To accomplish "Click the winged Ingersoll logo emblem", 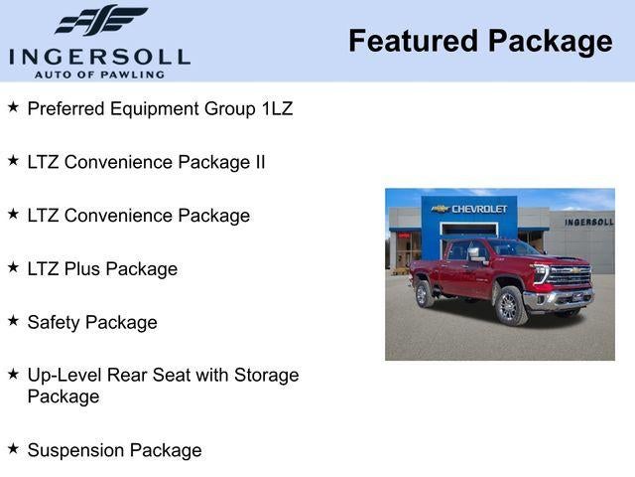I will [x=101, y=21].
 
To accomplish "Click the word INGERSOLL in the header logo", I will [x=99, y=56].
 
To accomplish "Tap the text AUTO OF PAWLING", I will [x=99, y=75].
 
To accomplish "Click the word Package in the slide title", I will [x=550, y=42].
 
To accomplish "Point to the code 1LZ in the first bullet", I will [x=274, y=108].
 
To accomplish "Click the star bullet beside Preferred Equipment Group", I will [x=13, y=106].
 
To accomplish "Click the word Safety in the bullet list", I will [x=54, y=323].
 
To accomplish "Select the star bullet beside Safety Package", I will [x=13, y=321].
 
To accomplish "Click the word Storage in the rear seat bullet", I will [x=266, y=376].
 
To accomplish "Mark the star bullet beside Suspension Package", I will [x=13, y=448].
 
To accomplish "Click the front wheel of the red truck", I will [x=509, y=307].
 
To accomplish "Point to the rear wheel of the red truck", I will [x=425, y=294].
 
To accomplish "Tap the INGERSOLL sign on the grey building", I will [x=588, y=222].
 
